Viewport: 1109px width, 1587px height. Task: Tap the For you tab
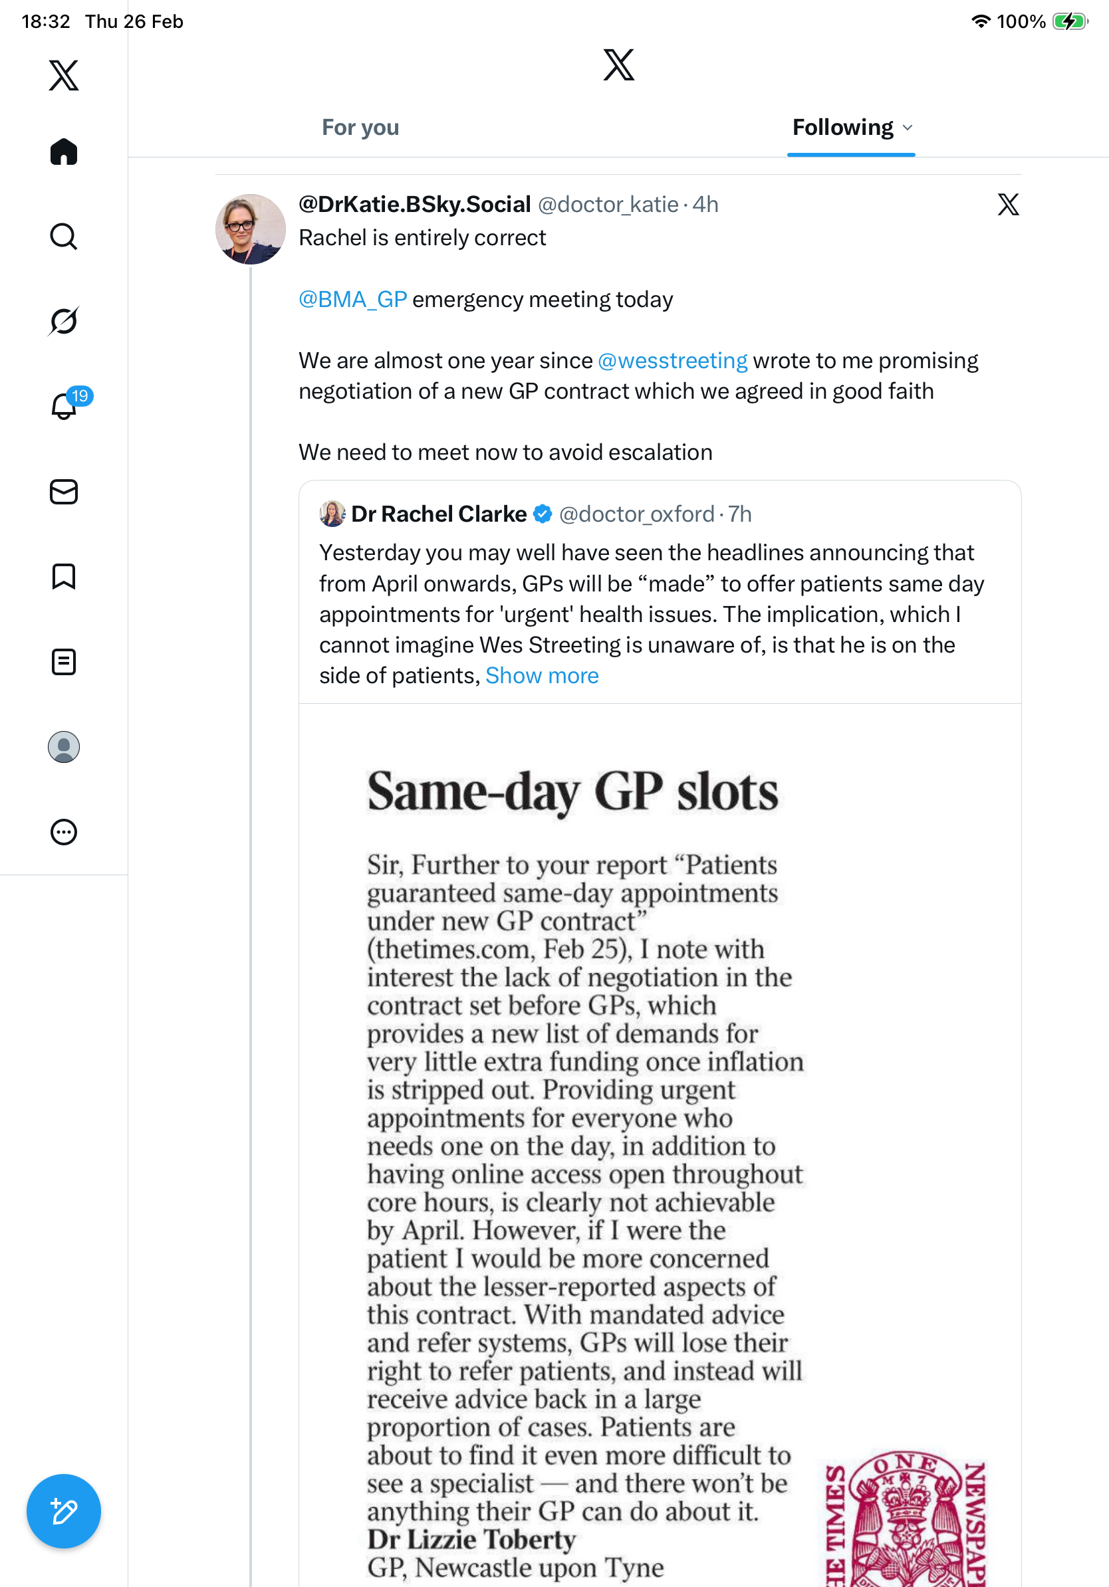tap(360, 128)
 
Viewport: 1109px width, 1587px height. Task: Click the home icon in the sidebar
tap(64, 152)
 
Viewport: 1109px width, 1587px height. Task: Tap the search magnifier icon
tap(64, 237)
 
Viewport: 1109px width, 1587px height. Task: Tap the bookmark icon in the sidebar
tap(64, 576)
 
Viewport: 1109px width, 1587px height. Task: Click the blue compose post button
tap(64, 1511)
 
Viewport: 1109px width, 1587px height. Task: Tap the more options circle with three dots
tap(64, 832)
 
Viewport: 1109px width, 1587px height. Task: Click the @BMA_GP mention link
tap(352, 299)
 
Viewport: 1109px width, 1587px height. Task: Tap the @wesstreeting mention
tap(672, 361)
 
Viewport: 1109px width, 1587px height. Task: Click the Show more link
tap(542, 675)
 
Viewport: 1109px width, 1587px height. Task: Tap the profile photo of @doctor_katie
tap(250, 229)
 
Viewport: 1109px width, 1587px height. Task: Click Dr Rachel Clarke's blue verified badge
tap(543, 514)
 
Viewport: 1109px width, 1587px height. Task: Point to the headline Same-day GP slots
tap(572, 792)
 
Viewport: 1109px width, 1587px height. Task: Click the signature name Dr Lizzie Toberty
tap(471, 1540)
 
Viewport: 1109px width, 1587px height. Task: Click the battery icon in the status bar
tap(1070, 21)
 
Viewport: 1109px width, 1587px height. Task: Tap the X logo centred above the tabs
tap(619, 65)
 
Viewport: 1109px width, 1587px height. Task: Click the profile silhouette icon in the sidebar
tap(64, 747)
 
